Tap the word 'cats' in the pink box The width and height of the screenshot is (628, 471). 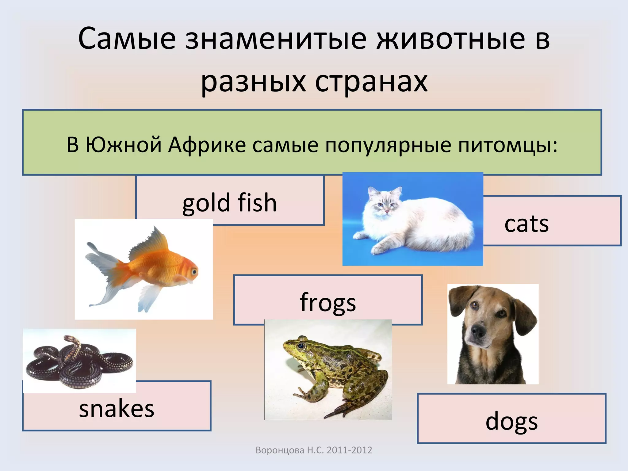coord(526,224)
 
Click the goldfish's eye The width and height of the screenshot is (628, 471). coord(194,271)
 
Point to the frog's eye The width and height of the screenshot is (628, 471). coord(301,346)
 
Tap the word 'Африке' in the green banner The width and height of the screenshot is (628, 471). coord(207,145)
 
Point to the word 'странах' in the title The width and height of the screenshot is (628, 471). coord(371,82)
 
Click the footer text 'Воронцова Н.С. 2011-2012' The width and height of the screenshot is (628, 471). coord(314,450)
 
